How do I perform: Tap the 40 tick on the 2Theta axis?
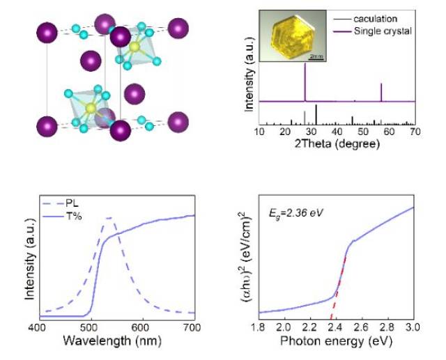337,131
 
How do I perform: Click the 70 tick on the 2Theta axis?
414,131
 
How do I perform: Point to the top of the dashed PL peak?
109,219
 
